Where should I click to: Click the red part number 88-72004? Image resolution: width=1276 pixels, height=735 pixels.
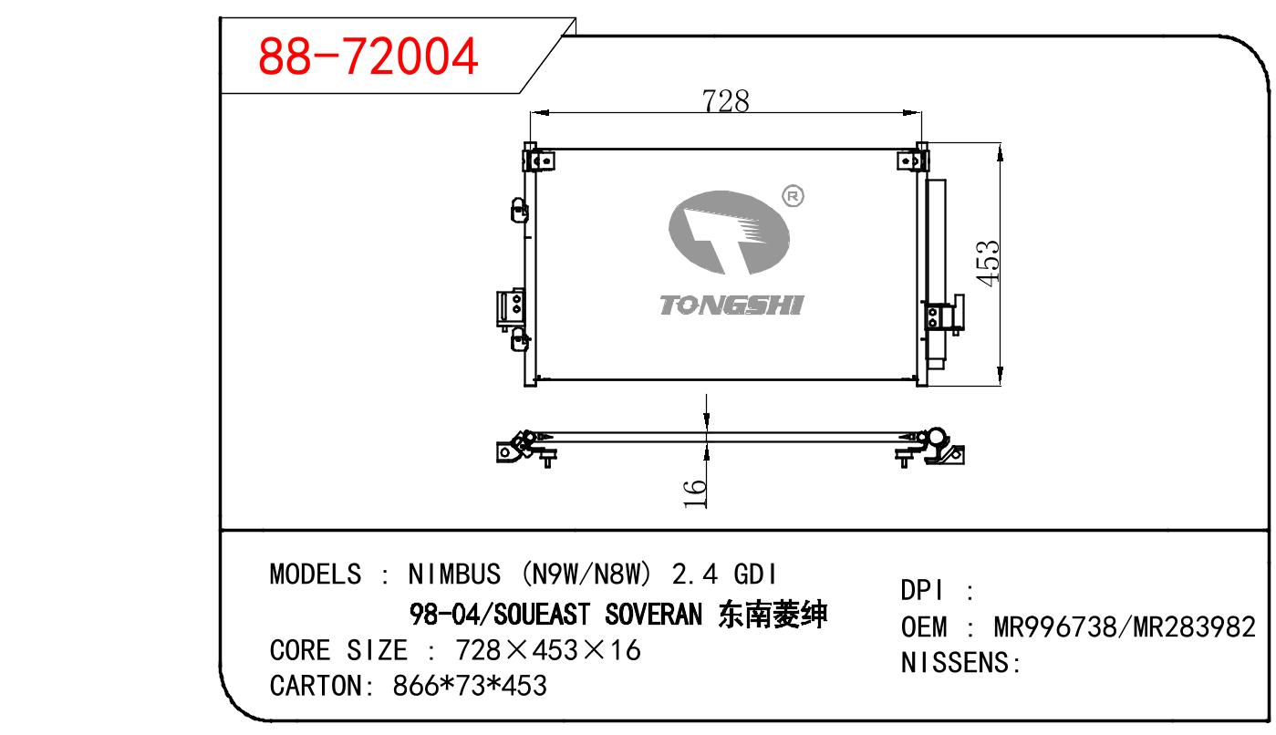368,56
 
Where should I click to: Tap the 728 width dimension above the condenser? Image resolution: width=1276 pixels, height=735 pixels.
725,101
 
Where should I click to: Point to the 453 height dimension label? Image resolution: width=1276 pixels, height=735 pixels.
987,263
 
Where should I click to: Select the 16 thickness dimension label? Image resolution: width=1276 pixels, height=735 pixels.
694,493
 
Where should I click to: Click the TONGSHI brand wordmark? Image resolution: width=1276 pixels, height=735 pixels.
731,305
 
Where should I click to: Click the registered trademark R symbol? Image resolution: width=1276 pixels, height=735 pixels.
793,196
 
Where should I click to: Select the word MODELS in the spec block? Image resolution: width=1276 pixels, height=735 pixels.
315,574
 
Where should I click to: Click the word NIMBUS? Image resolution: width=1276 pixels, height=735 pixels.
454,574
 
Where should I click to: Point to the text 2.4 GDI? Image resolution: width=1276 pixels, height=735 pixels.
723,574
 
